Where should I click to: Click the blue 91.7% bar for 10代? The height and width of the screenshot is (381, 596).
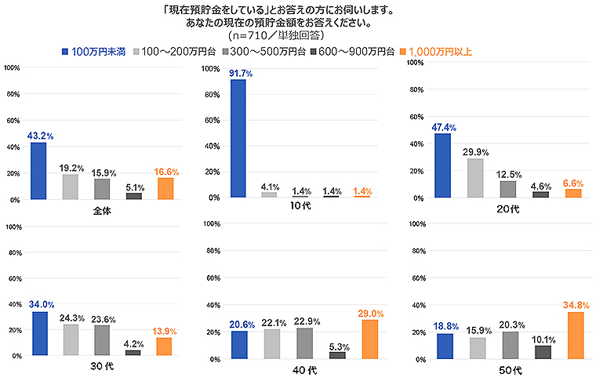(238, 138)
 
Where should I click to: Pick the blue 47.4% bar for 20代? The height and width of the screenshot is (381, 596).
(442, 165)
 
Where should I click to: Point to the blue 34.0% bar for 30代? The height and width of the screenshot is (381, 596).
(39, 333)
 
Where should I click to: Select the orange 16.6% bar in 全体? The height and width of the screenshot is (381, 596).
(165, 188)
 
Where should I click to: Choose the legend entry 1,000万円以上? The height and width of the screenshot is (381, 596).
(439, 52)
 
